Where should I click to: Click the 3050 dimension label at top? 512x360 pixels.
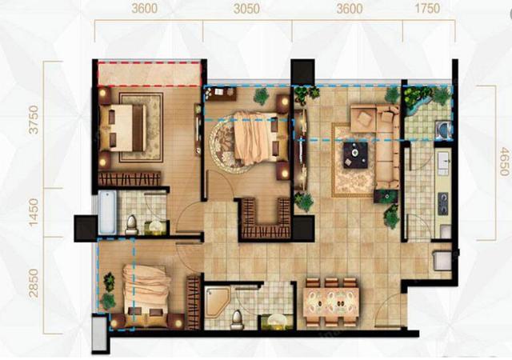tap(247, 9)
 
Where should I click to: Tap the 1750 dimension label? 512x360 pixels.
tap(427, 9)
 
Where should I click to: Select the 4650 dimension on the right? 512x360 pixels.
tap(505, 162)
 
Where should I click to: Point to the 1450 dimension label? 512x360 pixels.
tap(34, 212)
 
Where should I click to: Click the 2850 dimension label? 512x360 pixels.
tap(34, 283)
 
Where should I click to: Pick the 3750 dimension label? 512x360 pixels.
tap(34, 119)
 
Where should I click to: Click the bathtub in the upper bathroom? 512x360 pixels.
tap(107, 212)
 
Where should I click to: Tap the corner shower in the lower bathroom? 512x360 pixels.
tap(217, 302)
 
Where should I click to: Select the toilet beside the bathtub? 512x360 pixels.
tap(131, 225)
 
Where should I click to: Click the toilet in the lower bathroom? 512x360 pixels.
tap(236, 320)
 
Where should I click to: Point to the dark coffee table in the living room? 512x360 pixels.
tap(355, 155)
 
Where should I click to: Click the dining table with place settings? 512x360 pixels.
tap(331, 302)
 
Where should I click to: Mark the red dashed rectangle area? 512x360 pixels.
tap(150, 73)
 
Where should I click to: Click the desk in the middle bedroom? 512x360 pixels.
tap(221, 94)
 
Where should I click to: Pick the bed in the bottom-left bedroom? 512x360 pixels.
tap(145, 296)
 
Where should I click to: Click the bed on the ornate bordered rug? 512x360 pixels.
tap(123, 128)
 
